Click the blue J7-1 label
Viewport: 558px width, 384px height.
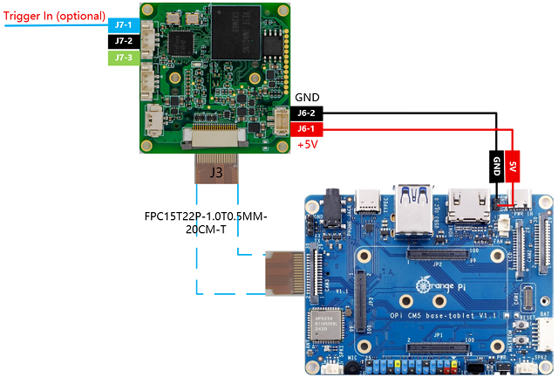(123, 24)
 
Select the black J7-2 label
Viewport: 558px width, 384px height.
(123, 41)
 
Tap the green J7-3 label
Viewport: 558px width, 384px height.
(123, 58)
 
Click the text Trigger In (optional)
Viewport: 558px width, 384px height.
(55, 16)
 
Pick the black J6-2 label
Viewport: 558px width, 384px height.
(307, 113)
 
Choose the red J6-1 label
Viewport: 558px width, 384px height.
(307, 129)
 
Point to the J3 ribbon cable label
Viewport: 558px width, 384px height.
(215, 172)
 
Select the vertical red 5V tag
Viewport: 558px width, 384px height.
(514, 167)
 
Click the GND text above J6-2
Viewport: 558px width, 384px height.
(307, 98)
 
